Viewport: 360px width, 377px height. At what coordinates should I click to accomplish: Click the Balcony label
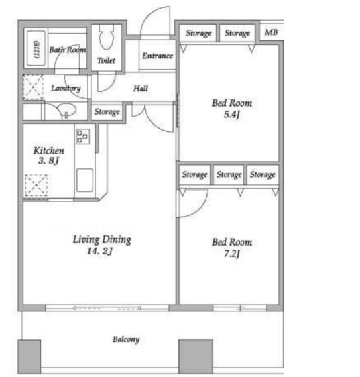pyautogui.click(x=126, y=339)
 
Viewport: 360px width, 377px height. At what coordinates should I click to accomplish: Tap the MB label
pyautogui.click(x=271, y=32)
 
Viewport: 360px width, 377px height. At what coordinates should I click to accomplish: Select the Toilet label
pyautogui.click(x=106, y=60)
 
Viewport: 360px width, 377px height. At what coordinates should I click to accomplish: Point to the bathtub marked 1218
pyautogui.click(x=36, y=48)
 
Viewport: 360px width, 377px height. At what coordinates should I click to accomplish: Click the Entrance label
pyautogui.click(x=158, y=56)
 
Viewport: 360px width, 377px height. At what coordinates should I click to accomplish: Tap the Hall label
pyautogui.click(x=141, y=89)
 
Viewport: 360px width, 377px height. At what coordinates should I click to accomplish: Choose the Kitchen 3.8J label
pyautogui.click(x=48, y=156)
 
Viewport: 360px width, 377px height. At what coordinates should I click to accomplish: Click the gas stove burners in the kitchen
pyautogui.click(x=83, y=136)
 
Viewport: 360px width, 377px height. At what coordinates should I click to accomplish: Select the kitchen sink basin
pyautogui.click(x=84, y=180)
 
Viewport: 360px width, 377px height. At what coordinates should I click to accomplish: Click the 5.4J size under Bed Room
pyautogui.click(x=232, y=115)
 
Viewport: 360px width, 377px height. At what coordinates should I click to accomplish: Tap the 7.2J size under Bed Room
pyautogui.click(x=232, y=254)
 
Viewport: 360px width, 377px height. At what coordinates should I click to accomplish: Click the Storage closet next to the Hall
pyautogui.click(x=107, y=111)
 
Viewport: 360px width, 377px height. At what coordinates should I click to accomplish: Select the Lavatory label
pyautogui.click(x=66, y=89)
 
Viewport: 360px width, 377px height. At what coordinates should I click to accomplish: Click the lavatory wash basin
pyautogui.click(x=66, y=111)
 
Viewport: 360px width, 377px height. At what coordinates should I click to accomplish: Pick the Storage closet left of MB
pyautogui.click(x=237, y=33)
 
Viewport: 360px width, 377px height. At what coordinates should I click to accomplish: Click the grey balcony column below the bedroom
pyautogui.click(x=196, y=356)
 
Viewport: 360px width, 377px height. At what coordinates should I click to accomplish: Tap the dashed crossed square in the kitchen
pyautogui.click(x=36, y=185)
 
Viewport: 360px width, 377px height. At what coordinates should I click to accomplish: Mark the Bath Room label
pyautogui.click(x=68, y=50)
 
